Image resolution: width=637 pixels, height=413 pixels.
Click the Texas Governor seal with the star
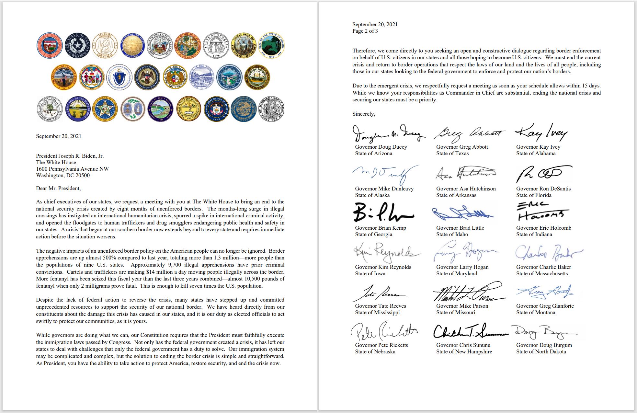click(77, 46)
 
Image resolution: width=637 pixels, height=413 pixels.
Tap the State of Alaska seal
click(133, 46)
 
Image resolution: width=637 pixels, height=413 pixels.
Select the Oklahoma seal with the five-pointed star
click(105, 109)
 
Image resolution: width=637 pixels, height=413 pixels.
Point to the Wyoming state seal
click(272, 109)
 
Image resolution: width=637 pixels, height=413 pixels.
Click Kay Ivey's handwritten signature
click(541, 133)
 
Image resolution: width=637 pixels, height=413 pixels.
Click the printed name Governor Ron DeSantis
click(543, 189)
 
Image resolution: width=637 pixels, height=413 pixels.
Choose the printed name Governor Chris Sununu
click(463, 345)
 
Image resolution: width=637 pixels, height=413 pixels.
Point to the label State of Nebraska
click(375, 351)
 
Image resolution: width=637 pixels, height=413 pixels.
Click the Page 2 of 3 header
click(365, 31)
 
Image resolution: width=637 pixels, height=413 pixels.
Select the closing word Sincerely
click(364, 114)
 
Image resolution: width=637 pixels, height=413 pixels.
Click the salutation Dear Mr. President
click(58, 188)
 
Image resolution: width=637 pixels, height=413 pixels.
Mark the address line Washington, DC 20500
click(63, 175)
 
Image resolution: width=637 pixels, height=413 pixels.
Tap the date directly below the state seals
click(59, 136)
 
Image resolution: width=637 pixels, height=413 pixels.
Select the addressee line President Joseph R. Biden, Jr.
click(70, 156)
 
